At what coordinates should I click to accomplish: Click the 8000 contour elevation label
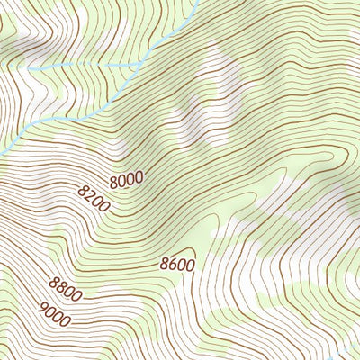(x=127, y=180)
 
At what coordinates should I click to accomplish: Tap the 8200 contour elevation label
(x=94, y=198)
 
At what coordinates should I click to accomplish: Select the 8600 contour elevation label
(x=177, y=264)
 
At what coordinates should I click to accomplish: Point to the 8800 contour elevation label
(x=67, y=288)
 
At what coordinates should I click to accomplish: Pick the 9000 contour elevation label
(x=56, y=311)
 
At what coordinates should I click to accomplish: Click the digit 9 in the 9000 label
(x=44, y=306)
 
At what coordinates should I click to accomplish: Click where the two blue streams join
(x=138, y=67)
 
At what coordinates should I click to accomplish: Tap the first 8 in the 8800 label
(x=55, y=283)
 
